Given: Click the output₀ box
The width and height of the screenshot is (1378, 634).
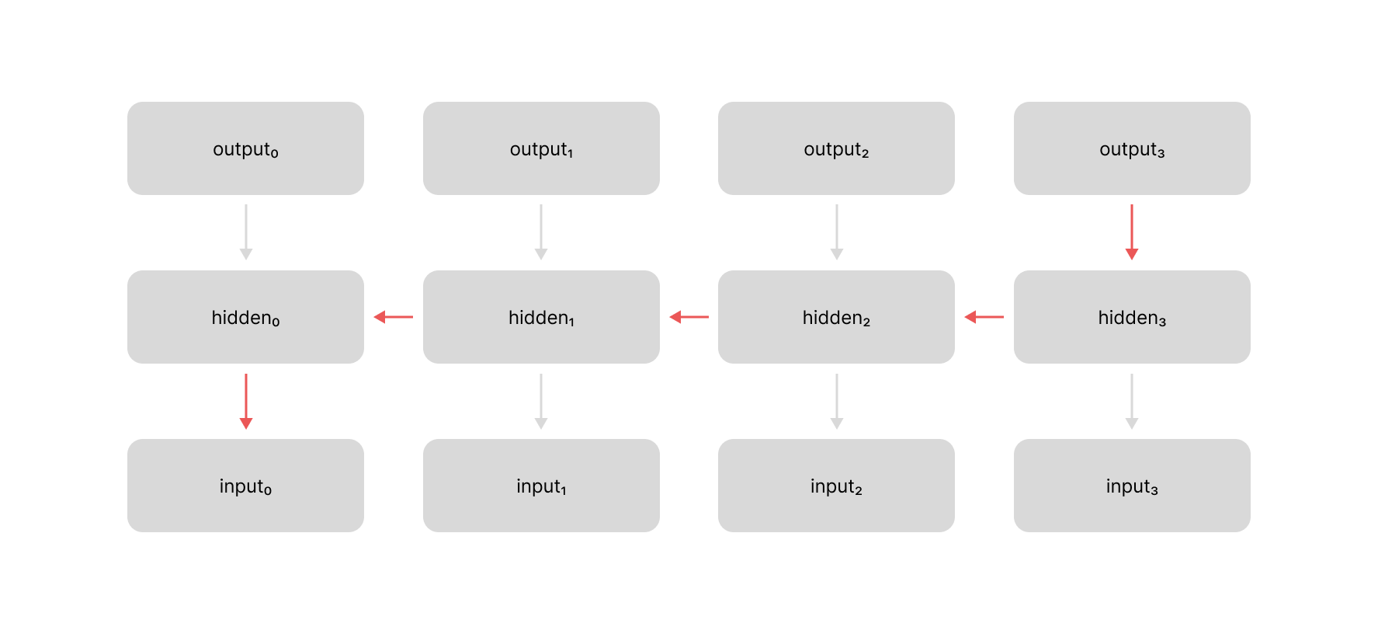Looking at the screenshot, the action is coord(245,148).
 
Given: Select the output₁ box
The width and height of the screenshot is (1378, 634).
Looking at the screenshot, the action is coord(541,148).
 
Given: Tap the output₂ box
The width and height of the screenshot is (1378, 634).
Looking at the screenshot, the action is coord(836,148).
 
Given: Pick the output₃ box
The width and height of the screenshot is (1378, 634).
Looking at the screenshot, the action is coord(1132,148).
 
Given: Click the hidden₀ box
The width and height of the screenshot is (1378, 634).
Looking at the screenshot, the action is coord(245,317).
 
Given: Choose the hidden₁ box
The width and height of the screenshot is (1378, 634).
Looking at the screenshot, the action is coord(541,317).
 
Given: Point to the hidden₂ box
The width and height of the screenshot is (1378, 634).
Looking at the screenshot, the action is coord(836,317).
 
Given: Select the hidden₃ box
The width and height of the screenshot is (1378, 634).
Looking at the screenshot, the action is coord(1132,317).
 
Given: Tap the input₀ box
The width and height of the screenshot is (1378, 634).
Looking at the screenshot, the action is coord(245,486).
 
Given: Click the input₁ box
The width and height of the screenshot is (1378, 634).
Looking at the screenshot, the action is coord(541,486).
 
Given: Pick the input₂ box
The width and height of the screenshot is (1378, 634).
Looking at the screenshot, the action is coord(836,486).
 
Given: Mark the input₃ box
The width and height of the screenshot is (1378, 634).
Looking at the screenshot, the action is coord(1132,486).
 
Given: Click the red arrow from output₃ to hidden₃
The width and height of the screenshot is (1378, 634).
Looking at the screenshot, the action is coord(1132,232).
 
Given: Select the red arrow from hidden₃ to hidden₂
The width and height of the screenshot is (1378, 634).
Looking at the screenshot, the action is coord(984,317).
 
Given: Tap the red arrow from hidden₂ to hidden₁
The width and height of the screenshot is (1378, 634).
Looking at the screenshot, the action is coord(689,317).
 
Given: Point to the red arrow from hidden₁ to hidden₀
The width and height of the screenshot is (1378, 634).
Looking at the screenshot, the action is coord(393,317).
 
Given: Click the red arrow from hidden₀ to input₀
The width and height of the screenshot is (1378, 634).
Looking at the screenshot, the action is coord(246,401).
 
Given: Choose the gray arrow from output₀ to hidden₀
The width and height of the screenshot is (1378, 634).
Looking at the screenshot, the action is coord(246,232).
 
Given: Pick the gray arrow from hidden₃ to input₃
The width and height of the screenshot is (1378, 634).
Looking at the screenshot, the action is coord(1132,401).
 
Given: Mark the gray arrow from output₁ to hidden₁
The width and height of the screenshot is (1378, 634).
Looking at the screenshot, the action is coord(541,232).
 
